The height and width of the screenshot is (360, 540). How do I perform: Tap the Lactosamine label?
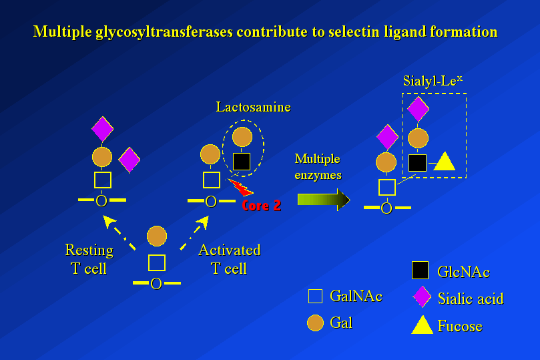pyautogui.click(x=253, y=107)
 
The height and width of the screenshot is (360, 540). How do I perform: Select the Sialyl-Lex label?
pyautogui.click(x=433, y=81)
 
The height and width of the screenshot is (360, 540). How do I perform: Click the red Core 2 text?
pyautogui.click(x=261, y=206)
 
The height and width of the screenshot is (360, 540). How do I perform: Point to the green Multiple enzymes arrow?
pyautogui.click(x=323, y=200)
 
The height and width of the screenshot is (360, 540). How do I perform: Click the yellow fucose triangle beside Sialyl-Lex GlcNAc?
pyautogui.click(x=444, y=162)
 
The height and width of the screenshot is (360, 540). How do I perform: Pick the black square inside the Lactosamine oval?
pyautogui.click(x=241, y=161)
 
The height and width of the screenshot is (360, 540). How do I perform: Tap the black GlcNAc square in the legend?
pyautogui.click(x=420, y=270)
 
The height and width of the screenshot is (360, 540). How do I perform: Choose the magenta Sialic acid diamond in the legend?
pyautogui.click(x=421, y=297)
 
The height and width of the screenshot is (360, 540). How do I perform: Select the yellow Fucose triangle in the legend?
pyautogui.click(x=422, y=325)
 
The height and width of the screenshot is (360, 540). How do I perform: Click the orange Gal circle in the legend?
pyautogui.click(x=315, y=323)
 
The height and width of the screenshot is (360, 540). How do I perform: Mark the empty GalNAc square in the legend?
pyautogui.click(x=315, y=296)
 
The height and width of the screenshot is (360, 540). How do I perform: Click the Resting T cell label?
pyautogui.click(x=89, y=259)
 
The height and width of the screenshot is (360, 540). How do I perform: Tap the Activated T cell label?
pyautogui.click(x=229, y=259)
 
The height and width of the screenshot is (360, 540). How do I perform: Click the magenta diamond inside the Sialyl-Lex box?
pyautogui.click(x=418, y=110)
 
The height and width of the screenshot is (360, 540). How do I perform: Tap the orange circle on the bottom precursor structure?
pyautogui.click(x=156, y=236)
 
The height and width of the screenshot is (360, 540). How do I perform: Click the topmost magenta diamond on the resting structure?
pyautogui.click(x=102, y=129)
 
